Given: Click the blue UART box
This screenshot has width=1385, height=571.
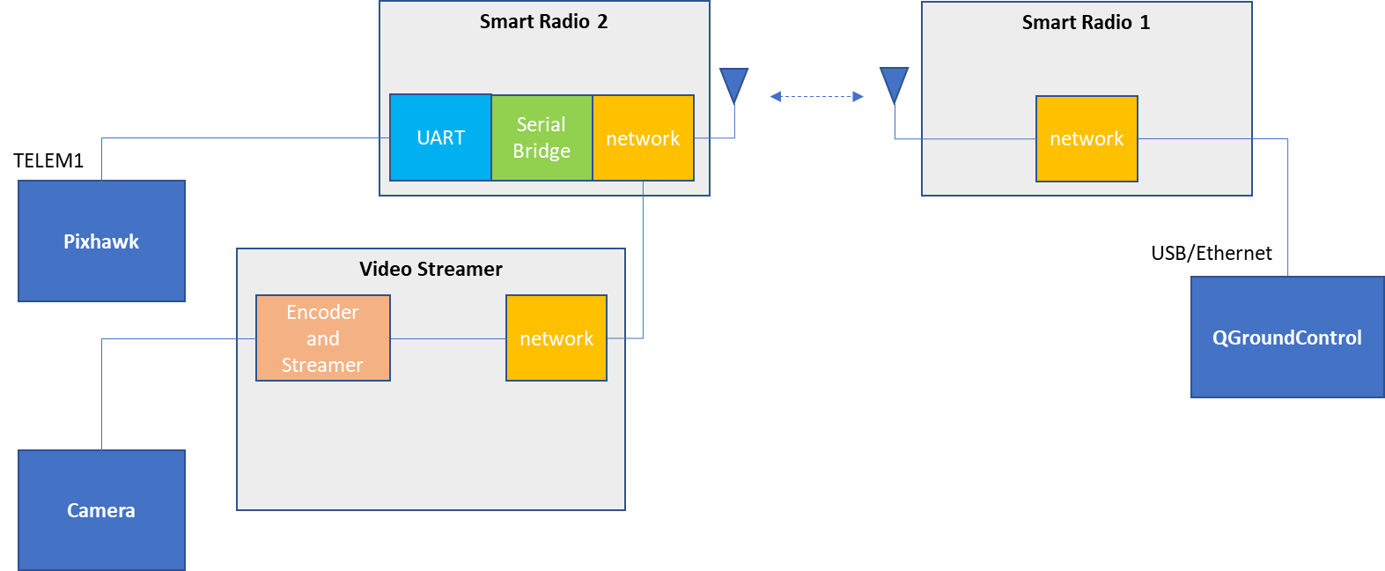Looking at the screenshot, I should pos(440,137).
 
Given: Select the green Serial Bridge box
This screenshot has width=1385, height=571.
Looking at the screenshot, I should pos(541,137).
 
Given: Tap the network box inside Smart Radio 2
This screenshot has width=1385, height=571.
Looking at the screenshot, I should pos(643,138).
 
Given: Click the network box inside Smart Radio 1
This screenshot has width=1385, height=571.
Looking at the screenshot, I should pos(1087,138).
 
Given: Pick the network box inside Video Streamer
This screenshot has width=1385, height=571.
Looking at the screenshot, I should pos(556,338).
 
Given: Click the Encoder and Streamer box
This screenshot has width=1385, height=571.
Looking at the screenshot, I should pos(322,338).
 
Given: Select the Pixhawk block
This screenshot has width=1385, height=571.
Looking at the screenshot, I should pos(101,241).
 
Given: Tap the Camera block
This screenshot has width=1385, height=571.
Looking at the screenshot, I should pos(101,510).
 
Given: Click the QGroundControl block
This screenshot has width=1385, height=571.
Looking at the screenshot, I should pos(1286,337).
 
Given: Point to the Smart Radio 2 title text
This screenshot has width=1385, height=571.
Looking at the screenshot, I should pos(543,22).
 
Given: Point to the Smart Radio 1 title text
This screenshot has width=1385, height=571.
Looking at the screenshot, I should pos(1086,23).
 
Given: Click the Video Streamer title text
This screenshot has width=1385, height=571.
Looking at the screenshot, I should pos(431,269).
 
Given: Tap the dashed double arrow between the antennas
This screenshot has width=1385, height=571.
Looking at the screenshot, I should pos(816,96).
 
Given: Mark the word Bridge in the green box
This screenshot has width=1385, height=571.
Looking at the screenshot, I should pos(541,151).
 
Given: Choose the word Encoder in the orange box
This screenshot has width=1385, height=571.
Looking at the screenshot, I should pos(322,312).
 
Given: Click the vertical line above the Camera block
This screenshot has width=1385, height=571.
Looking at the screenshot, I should pos(102,397).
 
